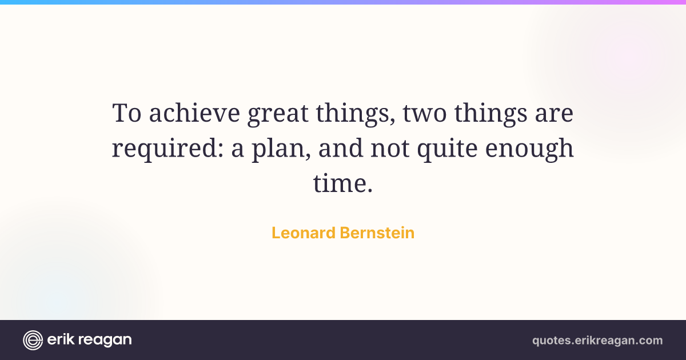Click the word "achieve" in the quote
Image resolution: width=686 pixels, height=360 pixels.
click(194, 113)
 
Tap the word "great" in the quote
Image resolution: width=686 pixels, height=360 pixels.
click(278, 115)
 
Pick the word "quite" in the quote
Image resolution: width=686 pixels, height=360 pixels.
click(447, 150)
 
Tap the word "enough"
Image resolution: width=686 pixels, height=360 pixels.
click(529, 150)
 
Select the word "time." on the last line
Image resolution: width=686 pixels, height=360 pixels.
click(342, 183)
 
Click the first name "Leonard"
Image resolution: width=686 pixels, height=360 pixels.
click(304, 233)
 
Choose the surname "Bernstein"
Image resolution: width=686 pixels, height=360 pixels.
click(377, 233)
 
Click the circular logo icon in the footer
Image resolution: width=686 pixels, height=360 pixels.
click(33, 340)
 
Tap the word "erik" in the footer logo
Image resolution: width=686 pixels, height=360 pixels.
click(61, 339)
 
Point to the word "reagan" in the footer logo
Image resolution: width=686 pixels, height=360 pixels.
click(105, 341)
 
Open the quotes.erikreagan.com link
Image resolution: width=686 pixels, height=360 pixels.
click(597, 341)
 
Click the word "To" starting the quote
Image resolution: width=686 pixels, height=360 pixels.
click(127, 113)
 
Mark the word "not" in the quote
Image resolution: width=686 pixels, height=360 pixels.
click(390, 149)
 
